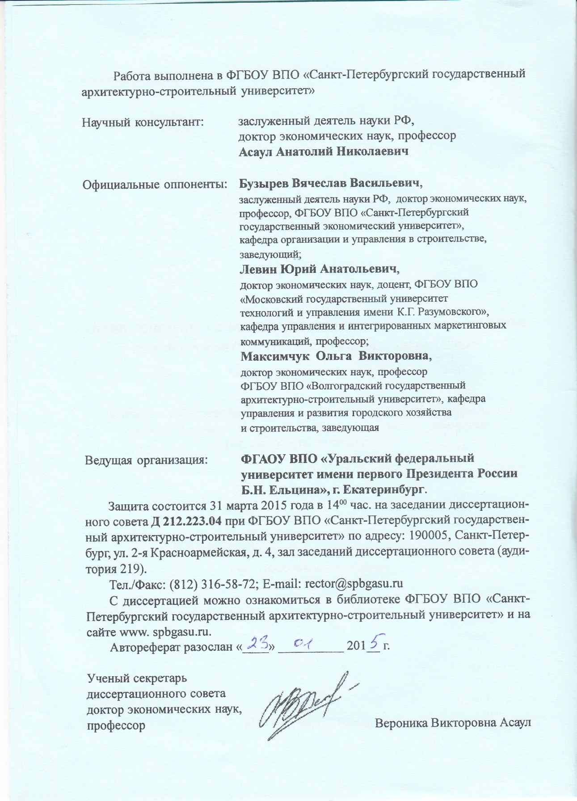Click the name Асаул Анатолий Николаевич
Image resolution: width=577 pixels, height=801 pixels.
[324, 152]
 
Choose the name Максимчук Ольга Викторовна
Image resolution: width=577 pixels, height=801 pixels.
[336, 356]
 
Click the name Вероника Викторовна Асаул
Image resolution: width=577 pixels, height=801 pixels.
[453, 723]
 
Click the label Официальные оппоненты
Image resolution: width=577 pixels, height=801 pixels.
[154, 184]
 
